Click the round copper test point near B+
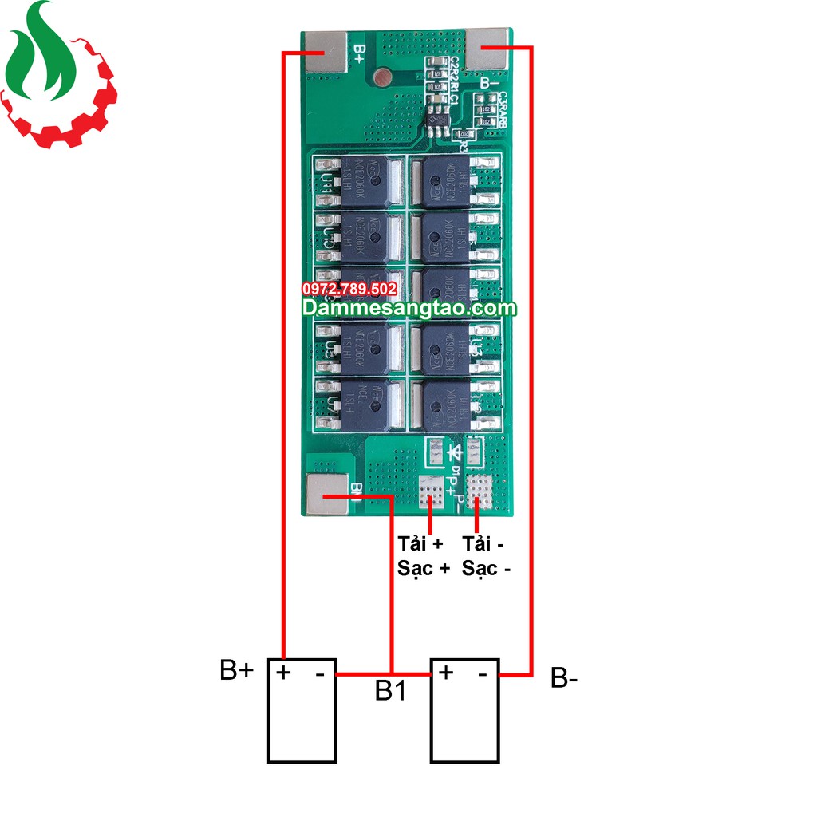pos(382,77)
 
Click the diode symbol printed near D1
pos(456,452)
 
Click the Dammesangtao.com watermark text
pos(408,308)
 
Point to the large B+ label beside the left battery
pos(236,670)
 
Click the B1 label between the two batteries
pos(390,691)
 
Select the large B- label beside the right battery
pos(564,679)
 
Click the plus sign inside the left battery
pos(283,672)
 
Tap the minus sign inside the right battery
pos(483,674)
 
